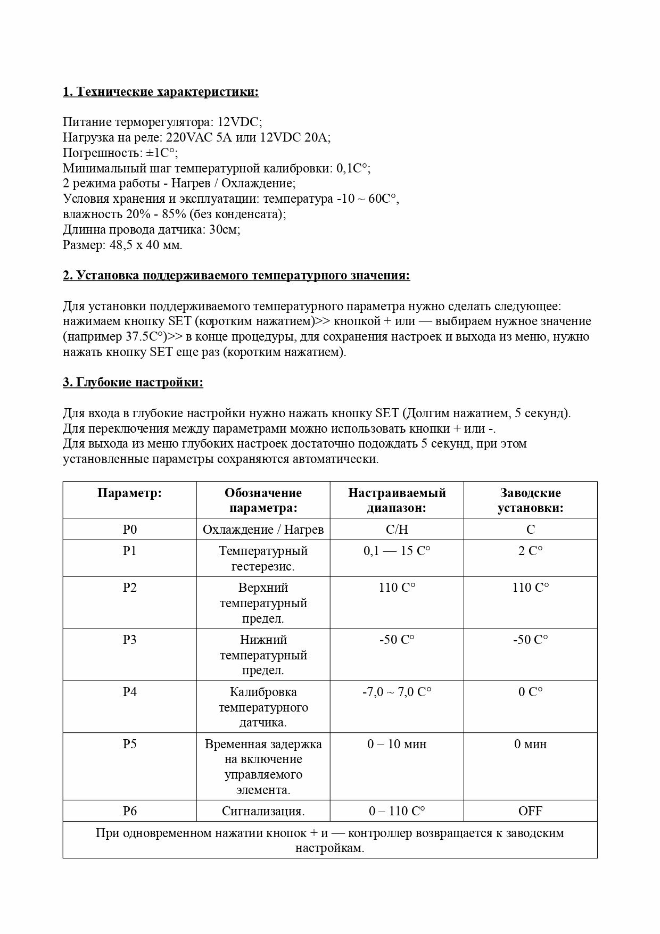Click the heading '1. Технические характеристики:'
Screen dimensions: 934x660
(x=161, y=92)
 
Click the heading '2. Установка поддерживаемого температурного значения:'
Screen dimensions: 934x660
(x=236, y=276)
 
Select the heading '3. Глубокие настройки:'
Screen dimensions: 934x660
(x=133, y=383)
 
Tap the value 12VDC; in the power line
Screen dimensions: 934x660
(x=240, y=122)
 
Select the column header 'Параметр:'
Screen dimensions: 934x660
(x=129, y=493)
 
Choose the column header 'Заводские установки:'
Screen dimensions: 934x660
(x=530, y=500)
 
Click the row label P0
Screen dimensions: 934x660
(x=129, y=530)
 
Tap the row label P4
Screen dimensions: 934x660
(x=129, y=692)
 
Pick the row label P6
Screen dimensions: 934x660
(x=129, y=811)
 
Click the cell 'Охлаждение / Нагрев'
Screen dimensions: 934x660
(x=263, y=530)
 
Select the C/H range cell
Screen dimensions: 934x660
(x=397, y=530)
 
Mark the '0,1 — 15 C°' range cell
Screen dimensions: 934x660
(x=397, y=551)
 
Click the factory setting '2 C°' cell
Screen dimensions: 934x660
(x=530, y=551)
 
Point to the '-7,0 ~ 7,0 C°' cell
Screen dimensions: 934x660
(x=397, y=692)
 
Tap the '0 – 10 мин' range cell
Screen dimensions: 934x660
(x=397, y=744)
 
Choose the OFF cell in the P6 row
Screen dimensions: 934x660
(x=530, y=811)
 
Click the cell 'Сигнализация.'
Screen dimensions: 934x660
(x=263, y=811)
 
